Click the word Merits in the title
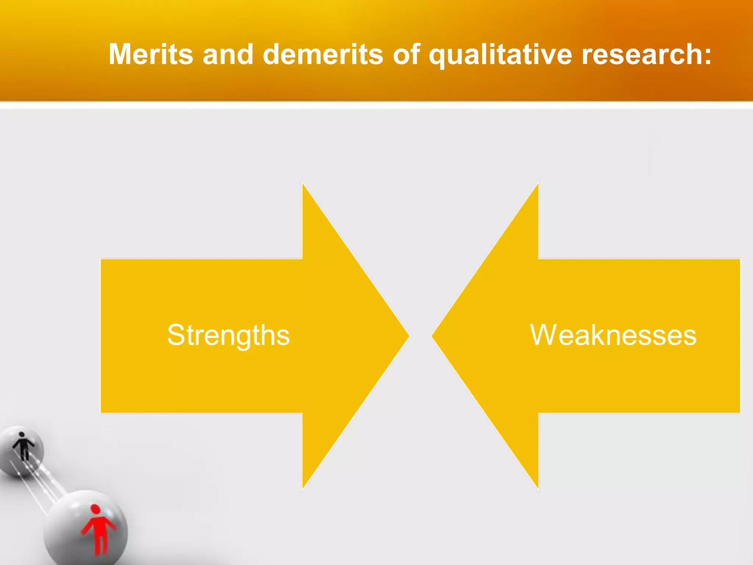tap(151, 54)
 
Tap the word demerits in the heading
tap(323, 54)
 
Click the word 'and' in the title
tap(228, 54)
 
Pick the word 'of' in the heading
tap(406, 54)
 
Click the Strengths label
tap(228, 335)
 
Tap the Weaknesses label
tap(613, 335)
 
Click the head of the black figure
tap(22, 434)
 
